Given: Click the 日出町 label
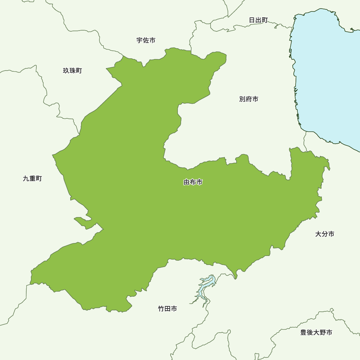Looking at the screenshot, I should [x=258, y=20].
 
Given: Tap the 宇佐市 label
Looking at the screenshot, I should [x=146, y=40].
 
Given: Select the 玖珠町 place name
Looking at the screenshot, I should [x=72, y=71].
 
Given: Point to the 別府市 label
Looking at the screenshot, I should [x=248, y=99].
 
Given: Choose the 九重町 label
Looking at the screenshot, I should [x=32, y=179].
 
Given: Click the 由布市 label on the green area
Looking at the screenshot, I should [x=193, y=182].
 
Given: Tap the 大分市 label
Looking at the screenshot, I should [x=325, y=234].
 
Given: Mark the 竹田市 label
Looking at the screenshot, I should [x=167, y=309].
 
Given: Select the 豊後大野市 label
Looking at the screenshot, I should [x=316, y=332].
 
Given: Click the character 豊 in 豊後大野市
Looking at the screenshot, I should [x=303, y=332].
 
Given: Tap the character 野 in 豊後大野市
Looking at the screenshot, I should [x=323, y=332].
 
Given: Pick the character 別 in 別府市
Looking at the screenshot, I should [x=242, y=99].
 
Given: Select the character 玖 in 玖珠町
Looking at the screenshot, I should [x=66, y=71].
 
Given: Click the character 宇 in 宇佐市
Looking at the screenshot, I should [x=140, y=40].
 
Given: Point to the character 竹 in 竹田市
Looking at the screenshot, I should [x=161, y=309].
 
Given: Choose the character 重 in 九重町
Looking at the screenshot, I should [x=32, y=179].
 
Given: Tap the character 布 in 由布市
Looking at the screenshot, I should [x=193, y=182].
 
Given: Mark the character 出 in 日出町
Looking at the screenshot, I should [x=258, y=20].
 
